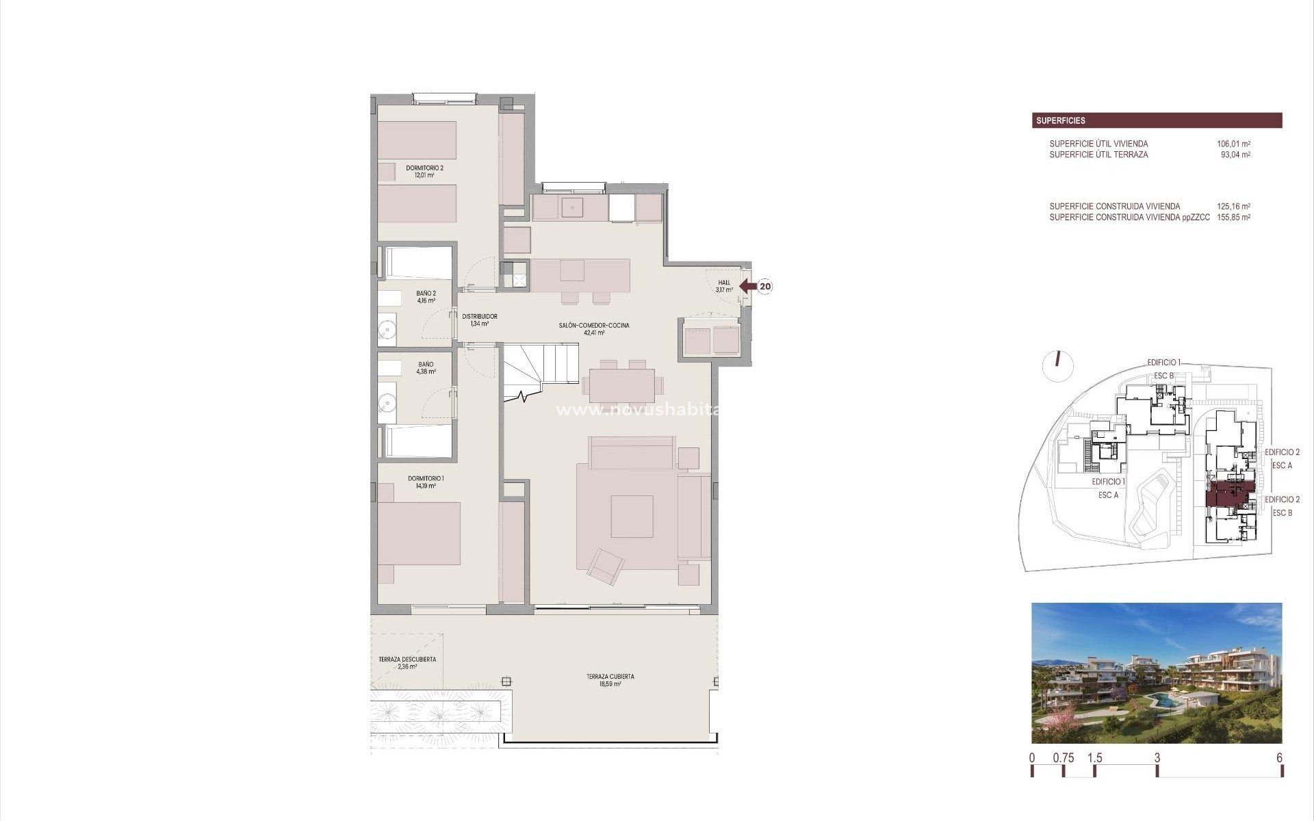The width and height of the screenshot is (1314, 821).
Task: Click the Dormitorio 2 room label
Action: (424, 171)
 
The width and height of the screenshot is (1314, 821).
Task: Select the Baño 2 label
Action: (426, 296)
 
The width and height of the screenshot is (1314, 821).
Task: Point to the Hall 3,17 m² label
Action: (724, 286)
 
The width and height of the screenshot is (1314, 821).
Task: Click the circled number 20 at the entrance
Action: (765, 287)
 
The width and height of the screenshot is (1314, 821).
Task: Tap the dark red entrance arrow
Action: (747, 286)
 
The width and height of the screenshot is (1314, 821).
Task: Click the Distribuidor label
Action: (479, 320)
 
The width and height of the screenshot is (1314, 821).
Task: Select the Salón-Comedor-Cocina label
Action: (593, 329)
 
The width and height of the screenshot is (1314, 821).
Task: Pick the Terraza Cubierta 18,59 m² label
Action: (610, 680)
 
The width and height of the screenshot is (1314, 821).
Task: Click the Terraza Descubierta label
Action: (407, 662)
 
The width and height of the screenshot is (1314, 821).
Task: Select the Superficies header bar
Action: (1157, 120)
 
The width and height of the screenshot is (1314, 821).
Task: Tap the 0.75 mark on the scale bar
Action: (1064, 758)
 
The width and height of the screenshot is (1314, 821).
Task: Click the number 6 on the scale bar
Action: (1279, 758)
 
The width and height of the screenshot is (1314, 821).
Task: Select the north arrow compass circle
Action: (1057, 365)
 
